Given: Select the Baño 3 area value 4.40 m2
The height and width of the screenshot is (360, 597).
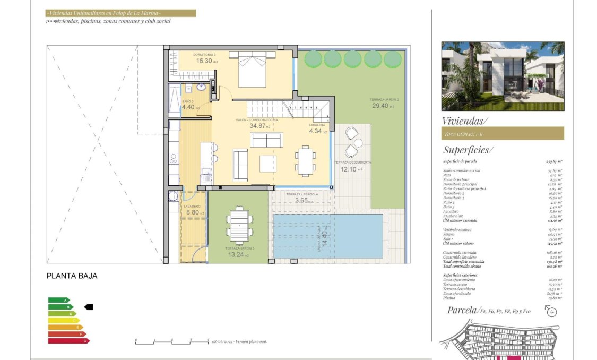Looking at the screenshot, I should [x=190, y=107].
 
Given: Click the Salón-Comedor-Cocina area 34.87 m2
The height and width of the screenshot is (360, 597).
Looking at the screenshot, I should [x=259, y=126].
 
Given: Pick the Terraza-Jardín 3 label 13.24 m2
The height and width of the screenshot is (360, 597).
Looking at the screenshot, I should [x=239, y=254].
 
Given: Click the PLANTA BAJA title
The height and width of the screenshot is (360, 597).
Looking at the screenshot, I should [x=72, y=276].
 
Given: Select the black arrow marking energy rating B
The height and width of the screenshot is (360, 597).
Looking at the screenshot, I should [x=89, y=307].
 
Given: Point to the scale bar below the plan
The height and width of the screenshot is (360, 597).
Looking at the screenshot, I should [x=172, y=341].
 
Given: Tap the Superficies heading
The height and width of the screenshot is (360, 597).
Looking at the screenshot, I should [x=468, y=150].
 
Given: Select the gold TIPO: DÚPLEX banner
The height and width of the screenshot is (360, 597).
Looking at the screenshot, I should [x=502, y=134].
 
